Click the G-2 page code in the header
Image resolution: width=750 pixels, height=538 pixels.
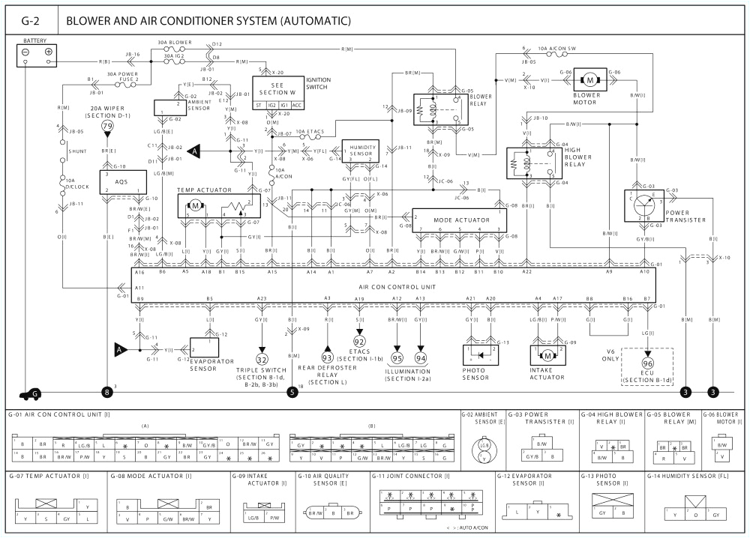tap(30, 20)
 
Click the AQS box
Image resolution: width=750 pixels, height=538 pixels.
tap(121, 183)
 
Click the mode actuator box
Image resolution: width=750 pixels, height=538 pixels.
tap(459, 220)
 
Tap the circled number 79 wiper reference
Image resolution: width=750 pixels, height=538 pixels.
tap(108, 127)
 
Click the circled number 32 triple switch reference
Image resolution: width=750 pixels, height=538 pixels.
tap(262, 358)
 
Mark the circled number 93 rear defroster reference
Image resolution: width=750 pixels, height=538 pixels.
tap(327, 358)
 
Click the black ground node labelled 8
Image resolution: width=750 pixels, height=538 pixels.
tap(108, 391)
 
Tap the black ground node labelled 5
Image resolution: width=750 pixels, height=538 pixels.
tap(292, 391)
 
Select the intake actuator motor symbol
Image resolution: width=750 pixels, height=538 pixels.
tap(547, 354)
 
